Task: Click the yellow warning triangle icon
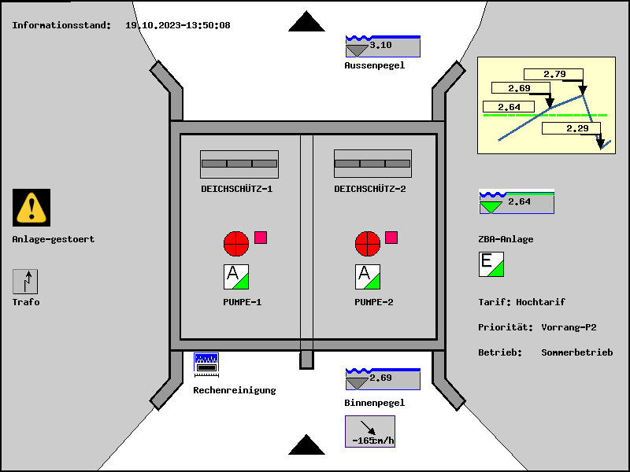(x=31, y=208)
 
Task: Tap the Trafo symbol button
(x=25, y=282)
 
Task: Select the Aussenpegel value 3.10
(x=383, y=46)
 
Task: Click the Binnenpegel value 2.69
(x=383, y=379)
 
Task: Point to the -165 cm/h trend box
(x=370, y=431)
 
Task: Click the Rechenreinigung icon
(x=206, y=363)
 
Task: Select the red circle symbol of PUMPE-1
(x=236, y=243)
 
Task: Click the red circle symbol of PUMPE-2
(x=368, y=243)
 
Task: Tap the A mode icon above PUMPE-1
(x=237, y=277)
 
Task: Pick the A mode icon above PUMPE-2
(x=369, y=277)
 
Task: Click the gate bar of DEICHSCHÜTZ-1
(x=239, y=164)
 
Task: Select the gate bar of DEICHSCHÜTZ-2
(x=373, y=164)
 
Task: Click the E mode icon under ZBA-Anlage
(x=491, y=264)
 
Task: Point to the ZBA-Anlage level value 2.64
(x=517, y=203)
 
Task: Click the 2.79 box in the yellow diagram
(x=555, y=75)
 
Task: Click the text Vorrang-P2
(x=569, y=327)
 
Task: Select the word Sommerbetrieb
(x=576, y=352)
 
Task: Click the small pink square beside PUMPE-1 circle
(x=261, y=238)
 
